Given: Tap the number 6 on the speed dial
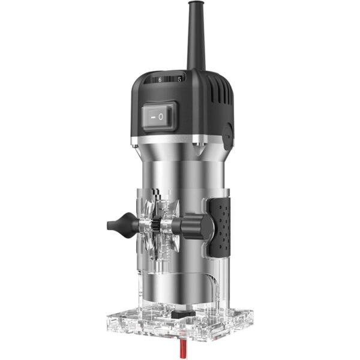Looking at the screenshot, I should tap(161, 79).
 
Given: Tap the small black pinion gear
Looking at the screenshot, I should tap(154, 226).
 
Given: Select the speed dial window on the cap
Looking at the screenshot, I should tap(169, 79).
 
